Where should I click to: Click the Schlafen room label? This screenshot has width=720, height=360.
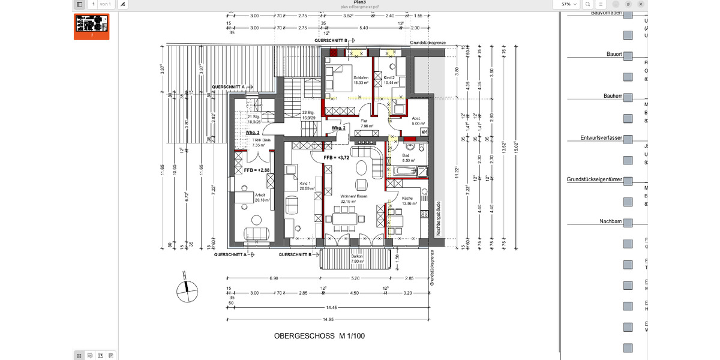(361, 77)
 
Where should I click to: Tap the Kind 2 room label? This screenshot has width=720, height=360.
(389, 77)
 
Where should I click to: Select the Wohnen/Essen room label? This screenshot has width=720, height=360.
(353, 196)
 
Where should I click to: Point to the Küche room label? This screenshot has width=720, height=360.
(407, 197)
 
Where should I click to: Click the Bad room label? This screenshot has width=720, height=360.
(406, 155)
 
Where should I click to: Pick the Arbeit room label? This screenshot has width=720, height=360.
(260, 195)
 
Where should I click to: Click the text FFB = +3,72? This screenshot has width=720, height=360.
(336, 157)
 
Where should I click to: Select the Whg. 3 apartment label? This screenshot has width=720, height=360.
(253, 132)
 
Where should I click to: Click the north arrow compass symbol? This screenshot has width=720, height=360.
(187, 292)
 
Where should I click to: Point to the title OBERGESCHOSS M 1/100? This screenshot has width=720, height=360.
(319, 336)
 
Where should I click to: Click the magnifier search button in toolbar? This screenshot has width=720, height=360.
(587, 4)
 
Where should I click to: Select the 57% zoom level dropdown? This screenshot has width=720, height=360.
(568, 4)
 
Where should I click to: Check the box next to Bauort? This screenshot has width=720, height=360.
(628, 56)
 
